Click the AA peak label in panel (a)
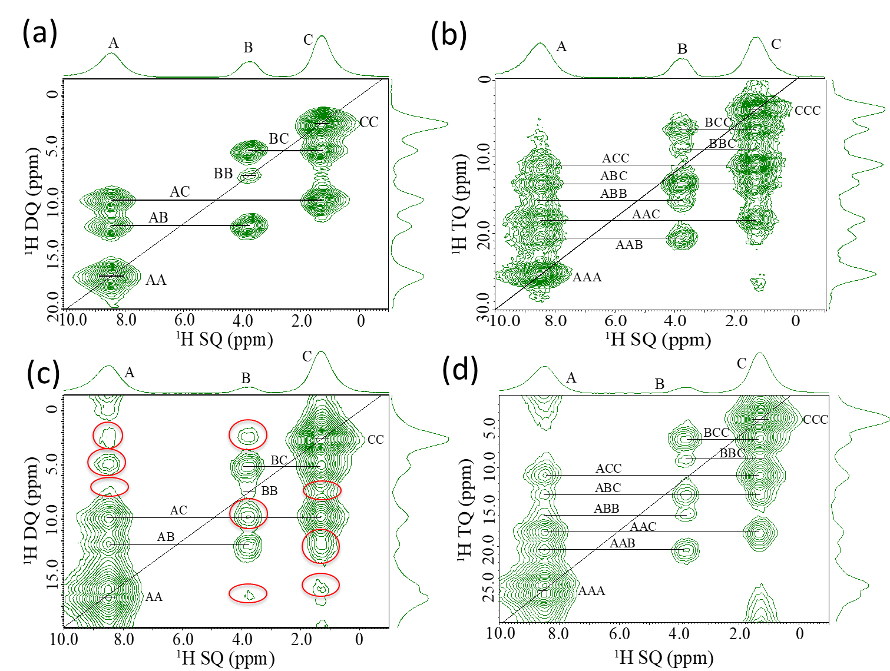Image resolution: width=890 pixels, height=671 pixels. pos(156,280)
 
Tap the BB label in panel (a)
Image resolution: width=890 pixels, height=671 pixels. pos(223,174)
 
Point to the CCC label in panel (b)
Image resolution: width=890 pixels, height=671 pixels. pos(808,111)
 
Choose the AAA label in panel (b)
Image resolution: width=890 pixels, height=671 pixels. pos(587,277)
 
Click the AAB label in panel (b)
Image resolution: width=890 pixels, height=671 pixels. pos(629,245)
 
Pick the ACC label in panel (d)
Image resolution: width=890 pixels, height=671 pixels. pos(608,469)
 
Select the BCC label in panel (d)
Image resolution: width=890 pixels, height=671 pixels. pos(716,433)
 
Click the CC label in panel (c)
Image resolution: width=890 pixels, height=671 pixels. pos(375,440)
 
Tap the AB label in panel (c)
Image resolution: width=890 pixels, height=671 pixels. pos(166,537)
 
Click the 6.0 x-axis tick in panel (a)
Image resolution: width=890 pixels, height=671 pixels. pos(184,320)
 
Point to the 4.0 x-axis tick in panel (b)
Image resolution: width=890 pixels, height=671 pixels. pos(675,321)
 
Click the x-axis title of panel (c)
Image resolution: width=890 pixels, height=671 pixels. pos(226,658)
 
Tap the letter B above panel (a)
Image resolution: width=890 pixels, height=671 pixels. pos(248,48)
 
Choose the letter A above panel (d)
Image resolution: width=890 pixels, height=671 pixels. pos(571,378)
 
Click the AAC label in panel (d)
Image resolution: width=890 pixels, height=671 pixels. pos(643,527)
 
